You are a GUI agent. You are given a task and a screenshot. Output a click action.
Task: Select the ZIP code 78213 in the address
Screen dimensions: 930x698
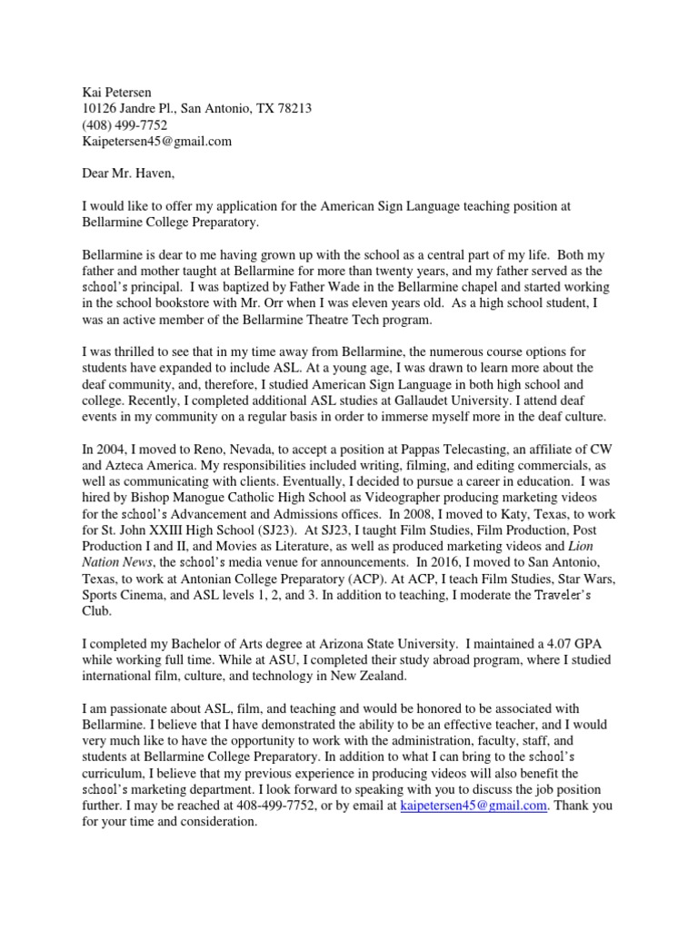pyautogui.click(x=294, y=108)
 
